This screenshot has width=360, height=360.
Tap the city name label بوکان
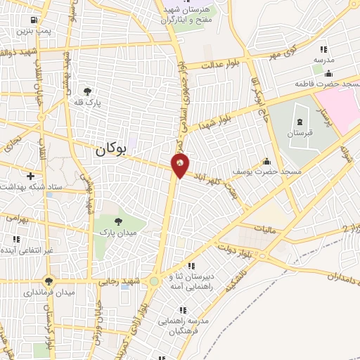click(112, 149)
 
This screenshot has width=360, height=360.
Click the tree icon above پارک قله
click(87, 91)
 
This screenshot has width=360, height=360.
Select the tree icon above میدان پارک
click(117, 221)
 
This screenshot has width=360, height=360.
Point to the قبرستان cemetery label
click(300, 133)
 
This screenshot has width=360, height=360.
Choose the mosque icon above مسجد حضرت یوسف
click(266, 161)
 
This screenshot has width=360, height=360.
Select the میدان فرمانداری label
click(50, 292)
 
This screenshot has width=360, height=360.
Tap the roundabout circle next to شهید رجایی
click(154, 281)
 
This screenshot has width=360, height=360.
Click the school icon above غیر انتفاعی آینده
click(15, 240)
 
